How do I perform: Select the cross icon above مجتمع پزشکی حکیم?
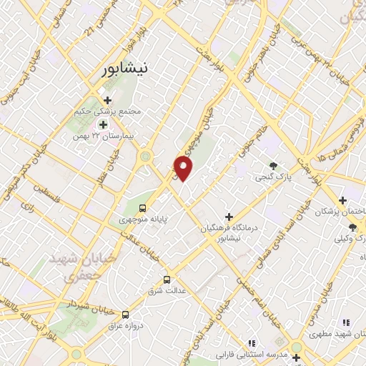point(107,101)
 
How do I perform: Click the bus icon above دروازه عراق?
point(126,314)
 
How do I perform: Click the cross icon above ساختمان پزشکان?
point(343,200)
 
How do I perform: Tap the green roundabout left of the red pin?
point(146,157)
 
